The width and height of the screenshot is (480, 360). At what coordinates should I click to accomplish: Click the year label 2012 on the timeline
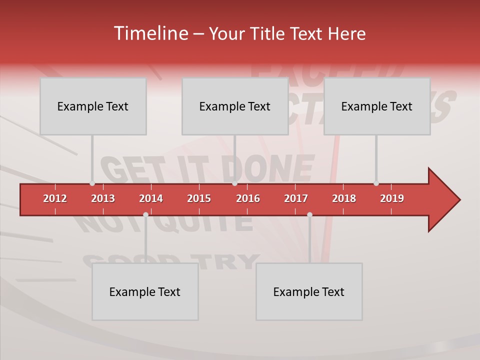tap(55, 198)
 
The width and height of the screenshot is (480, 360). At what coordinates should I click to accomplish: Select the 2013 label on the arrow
tap(103, 198)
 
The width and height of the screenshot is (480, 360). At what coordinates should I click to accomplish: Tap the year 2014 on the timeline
tap(151, 198)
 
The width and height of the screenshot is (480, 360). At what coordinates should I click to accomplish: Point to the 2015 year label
tap(199, 198)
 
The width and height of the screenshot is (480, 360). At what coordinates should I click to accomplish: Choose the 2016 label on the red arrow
tap(248, 198)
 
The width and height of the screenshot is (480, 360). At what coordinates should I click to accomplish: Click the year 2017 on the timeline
tap(296, 198)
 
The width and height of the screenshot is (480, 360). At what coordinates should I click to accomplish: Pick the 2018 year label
tap(344, 198)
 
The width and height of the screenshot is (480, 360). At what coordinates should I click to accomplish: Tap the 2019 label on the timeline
tap(392, 198)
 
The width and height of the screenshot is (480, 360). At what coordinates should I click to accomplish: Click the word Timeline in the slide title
tap(149, 33)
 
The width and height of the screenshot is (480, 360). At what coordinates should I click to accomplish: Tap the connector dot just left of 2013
tap(92, 183)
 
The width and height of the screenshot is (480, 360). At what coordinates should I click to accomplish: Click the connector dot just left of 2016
tap(234, 183)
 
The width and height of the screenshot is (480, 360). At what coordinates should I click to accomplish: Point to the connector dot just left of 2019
tap(376, 183)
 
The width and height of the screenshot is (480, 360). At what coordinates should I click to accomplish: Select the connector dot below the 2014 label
tap(145, 214)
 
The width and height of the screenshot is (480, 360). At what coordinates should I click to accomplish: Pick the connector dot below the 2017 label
tap(309, 214)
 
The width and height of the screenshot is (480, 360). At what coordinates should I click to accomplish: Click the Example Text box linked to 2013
tap(93, 106)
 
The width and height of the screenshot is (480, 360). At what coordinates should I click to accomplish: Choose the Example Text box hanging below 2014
tap(145, 291)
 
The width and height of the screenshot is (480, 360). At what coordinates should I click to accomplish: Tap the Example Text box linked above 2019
tap(377, 106)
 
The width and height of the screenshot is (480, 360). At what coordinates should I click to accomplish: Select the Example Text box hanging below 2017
tap(309, 291)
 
